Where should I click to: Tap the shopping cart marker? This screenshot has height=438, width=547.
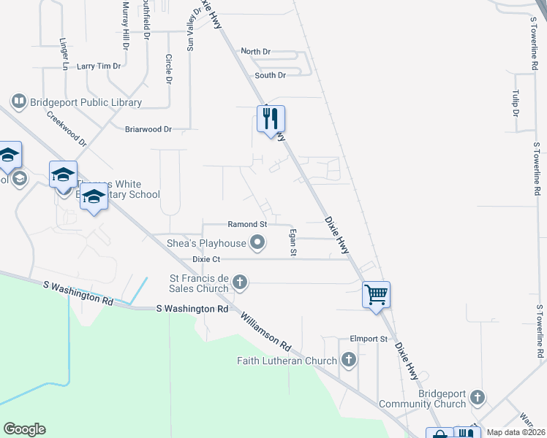[376, 295]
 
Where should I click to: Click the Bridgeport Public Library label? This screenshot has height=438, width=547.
[86, 102]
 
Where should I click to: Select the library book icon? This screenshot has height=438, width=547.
[19, 101]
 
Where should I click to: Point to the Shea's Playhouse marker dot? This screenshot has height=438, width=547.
[257, 242]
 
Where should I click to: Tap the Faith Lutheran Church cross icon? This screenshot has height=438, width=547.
[349, 360]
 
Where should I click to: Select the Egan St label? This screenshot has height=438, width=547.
[293, 242]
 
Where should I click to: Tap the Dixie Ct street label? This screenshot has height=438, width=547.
[206, 259]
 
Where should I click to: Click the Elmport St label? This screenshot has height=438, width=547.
[368, 339]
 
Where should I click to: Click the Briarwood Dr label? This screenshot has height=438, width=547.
[148, 129]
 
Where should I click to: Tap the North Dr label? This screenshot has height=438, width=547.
[255, 52]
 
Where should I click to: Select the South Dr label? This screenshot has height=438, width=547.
[270, 75]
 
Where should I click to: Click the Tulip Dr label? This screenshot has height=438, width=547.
[516, 104]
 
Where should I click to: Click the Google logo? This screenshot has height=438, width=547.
[24, 429]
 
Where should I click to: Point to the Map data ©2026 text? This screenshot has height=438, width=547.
[516, 432]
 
